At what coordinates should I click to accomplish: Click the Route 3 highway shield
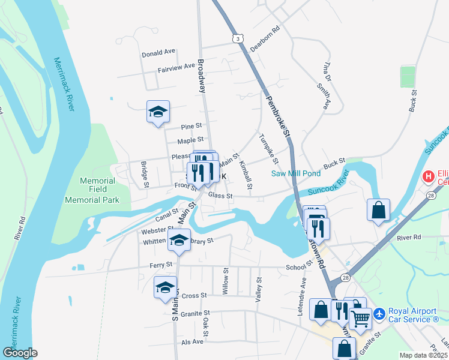(239, 38)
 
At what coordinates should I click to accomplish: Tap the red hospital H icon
(429, 176)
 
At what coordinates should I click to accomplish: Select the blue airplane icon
(379, 314)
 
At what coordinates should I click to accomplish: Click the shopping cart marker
(360, 319)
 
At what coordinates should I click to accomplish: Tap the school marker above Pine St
(158, 112)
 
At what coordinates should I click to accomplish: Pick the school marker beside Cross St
(166, 288)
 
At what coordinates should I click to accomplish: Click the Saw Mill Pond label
(295, 173)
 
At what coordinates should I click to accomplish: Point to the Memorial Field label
(98, 181)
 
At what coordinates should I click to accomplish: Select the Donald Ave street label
(158, 53)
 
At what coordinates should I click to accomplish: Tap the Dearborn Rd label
(265, 38)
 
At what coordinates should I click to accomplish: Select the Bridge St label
(145, 174)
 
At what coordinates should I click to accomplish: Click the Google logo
(20, 352)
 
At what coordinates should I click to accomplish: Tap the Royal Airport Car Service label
(414, 315)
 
